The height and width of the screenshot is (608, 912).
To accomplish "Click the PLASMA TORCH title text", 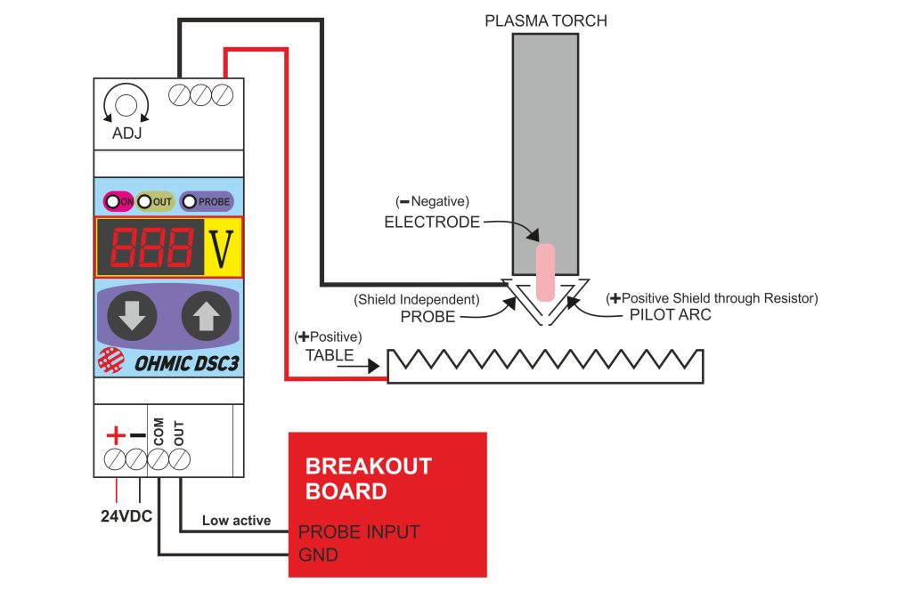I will click(x=545, y=20).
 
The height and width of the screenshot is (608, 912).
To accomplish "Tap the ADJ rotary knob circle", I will click(x=126, y=104).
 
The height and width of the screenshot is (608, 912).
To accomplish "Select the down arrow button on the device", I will click(x=132, y=315).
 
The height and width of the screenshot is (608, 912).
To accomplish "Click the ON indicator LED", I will click(x=113, y=202).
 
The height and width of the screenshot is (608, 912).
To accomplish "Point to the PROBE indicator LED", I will click(x=190, y=202).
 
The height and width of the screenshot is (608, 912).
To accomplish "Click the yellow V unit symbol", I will click(x=221, y=247).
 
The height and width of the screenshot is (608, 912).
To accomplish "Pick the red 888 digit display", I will click(x=151, y=247).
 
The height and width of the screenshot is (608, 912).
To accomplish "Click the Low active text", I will click(x=236, y=521).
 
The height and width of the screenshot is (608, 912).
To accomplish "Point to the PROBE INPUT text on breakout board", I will click(x=358, y=532).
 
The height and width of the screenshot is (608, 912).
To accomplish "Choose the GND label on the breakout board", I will click(x=318, y=555).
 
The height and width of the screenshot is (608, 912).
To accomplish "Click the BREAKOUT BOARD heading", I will click(x=368, y=478).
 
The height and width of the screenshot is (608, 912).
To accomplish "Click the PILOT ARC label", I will click(x=658, y=315).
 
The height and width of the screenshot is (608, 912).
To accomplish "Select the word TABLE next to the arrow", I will click(x=329, y=355).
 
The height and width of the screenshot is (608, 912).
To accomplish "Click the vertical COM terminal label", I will click(x=159, y=433).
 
